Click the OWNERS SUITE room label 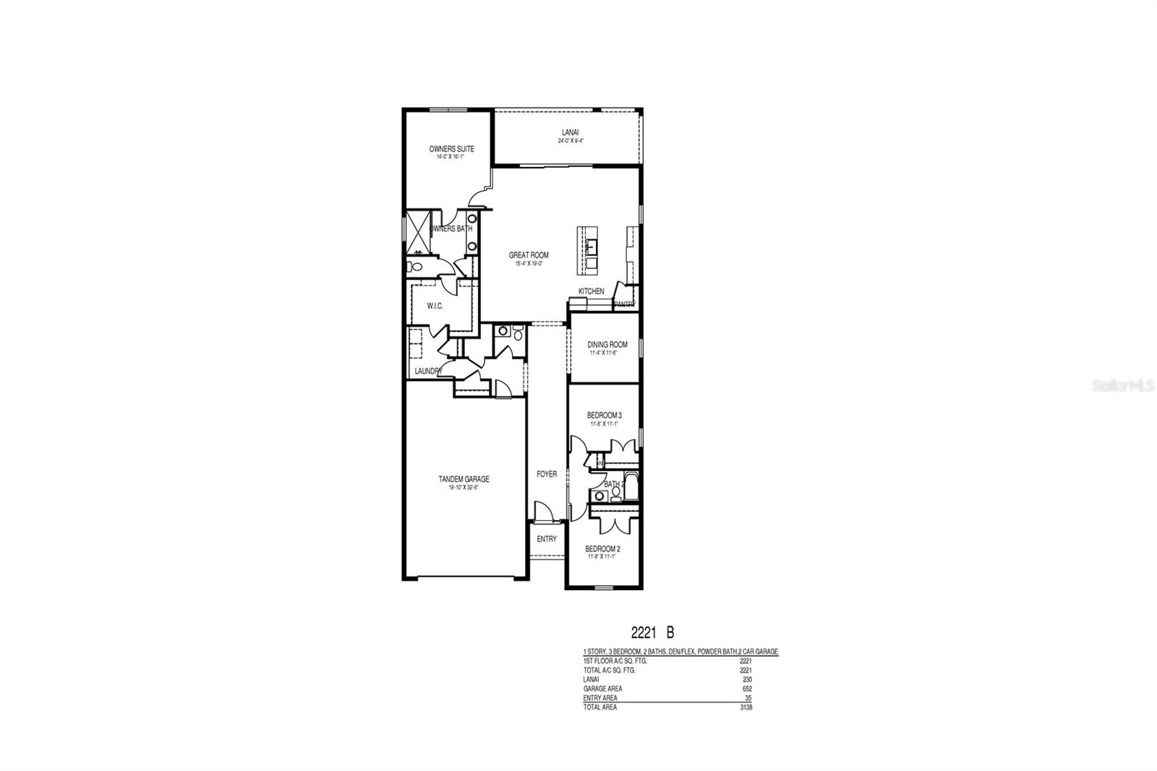(x=451, y=149)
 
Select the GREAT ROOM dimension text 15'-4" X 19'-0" (x=529, y=264)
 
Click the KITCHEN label (x=591, y=291)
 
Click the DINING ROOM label (x=607, y=345)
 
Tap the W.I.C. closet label (x=435, y=306)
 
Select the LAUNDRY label (x=428, y=371)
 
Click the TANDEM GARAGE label (x=464, y=479)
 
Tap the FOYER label (x=546, y=474)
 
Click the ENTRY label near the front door (x=547, y=539)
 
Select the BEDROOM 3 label (x=604, y=415)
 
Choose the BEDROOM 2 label (x=602, y=548)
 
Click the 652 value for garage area (x=746, y=689)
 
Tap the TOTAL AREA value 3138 (x=746, y=707)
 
